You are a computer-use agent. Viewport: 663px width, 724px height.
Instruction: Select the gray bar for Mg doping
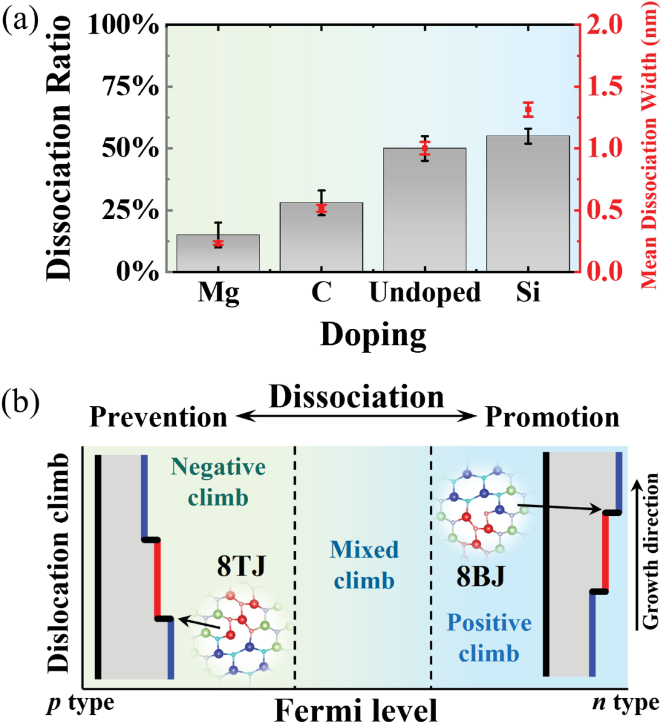point(218,253)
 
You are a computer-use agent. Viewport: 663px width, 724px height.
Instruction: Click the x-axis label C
point(321,293)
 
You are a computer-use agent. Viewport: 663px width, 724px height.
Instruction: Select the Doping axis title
point(373,335)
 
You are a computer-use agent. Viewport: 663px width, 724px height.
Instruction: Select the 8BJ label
point(479,576)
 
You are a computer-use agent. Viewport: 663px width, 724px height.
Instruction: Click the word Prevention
point(158,417)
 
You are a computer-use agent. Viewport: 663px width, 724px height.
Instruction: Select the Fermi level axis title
point(355,711)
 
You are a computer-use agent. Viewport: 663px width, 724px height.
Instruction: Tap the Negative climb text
point(218,482)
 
